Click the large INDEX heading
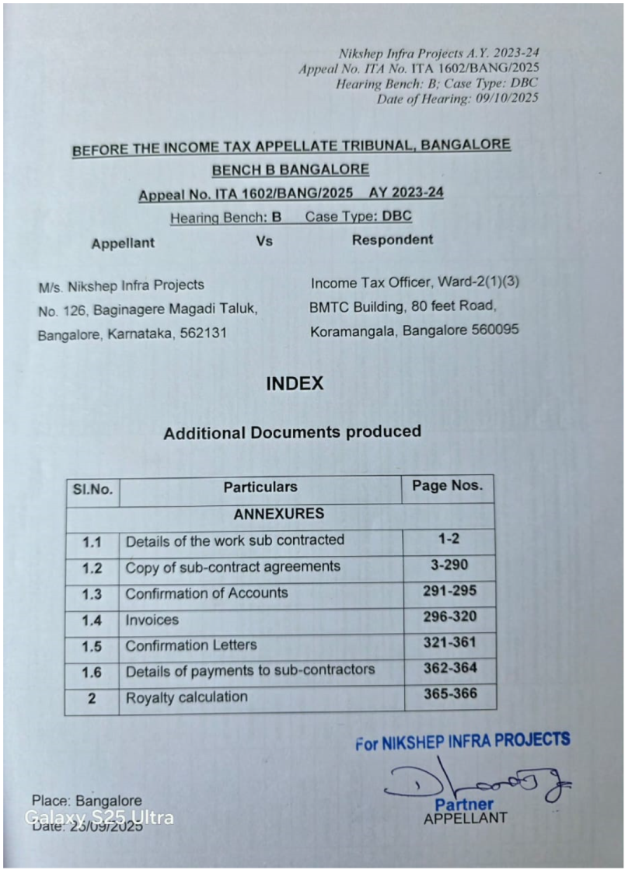pyautogui.click(x=294, y=383)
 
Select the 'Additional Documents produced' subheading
pyautogui.click(x=292, y=432)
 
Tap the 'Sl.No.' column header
pyautogui.click(x=93, y=490)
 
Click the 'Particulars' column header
pyautogui.click(x=260, y=487)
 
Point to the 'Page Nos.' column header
pyautogui.click(x=447, y=486)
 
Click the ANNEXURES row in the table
pyautogui.click(x=278, y=514)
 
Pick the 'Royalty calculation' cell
pyautogui.click(x=187, y=697)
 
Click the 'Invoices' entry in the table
pyautogui.click(x=152, y=620)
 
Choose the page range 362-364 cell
pyautogui.click(x=450, y=668)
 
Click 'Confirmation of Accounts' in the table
pyautogui.click(x=207, y=593)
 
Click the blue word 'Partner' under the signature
pyautogui.click(x=464, y=805)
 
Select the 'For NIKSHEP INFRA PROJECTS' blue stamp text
pyautogui.click(x=463, y=740)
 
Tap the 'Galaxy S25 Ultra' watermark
pyautogui.click(x=100, y=817)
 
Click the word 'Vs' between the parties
pyautogui.click(x=264, y=241)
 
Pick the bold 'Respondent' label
pyautogui.click(x=393, y=239)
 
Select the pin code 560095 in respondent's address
pyautogui.click(x=495, y=330)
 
